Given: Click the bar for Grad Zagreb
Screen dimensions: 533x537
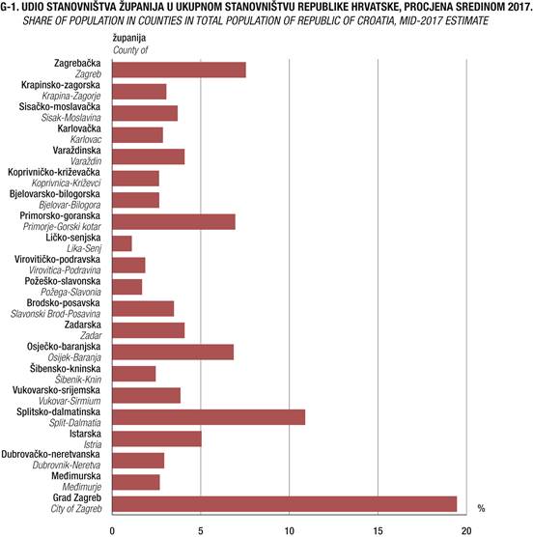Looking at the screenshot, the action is pyautogui.click(x=285, y=504).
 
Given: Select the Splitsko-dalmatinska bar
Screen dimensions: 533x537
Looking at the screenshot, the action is pyautogui.click(x=209, y=417).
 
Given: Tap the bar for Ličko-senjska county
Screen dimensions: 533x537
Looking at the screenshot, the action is pyautogui.click(x=122, y=243).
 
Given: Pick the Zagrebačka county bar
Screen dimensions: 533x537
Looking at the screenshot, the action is pyautogui.click(x=179, y=70).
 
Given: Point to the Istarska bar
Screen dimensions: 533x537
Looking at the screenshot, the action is pyautogui.click(x=156, y=438).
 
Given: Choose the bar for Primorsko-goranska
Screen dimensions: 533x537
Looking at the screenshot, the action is pyautogui.click(x=174, y=221).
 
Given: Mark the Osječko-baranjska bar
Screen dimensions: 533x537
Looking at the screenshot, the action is pyautogui.click(x=173, y=352).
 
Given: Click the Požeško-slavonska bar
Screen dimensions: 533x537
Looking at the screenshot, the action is pyautogui.click(x=127, y=287).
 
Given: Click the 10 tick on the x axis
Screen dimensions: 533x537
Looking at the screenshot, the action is pyautogui.click(x=290, y=531).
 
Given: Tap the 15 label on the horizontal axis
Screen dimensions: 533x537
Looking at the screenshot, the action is pyautogui.click(x=378, y=531).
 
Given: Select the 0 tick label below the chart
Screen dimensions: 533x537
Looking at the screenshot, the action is pyautogui.click(x=112, y=531).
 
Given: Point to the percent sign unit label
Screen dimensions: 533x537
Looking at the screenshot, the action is pyautogui.click(x=481, y=509).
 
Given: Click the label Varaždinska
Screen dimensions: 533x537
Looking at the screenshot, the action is pyautogui.click(x=76, y=151).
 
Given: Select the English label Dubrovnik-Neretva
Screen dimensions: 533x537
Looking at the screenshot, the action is pyautogui.click(x=67, y=466).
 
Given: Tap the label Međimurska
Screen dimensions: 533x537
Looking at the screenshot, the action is pyautogui.click(x=76, y=476).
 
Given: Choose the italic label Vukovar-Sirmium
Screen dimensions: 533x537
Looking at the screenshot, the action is pyautogui.click(x=70, y=401).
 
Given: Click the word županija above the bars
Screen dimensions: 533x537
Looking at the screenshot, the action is pyautogui.click(x=129, y=38).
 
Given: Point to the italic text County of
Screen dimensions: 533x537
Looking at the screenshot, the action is pyautogui.click(x=130, y=50).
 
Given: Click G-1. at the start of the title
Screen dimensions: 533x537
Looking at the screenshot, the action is pyautogui.click(x=10, y=7).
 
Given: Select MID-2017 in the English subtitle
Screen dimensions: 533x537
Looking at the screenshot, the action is pyautogui.click(x=420, y=21).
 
